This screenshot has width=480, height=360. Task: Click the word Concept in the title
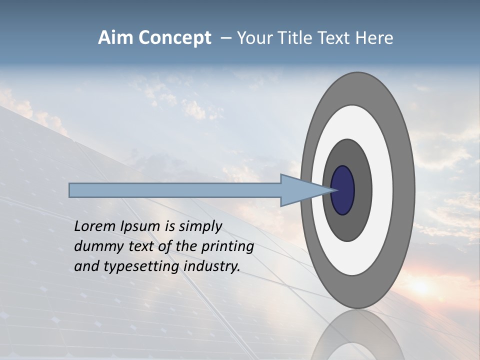tap(174, 38)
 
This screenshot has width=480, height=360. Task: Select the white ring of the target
tap(385, 190)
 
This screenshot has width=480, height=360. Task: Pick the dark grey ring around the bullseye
tap(363, 190)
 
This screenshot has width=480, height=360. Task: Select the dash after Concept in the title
tap(225, 38)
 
